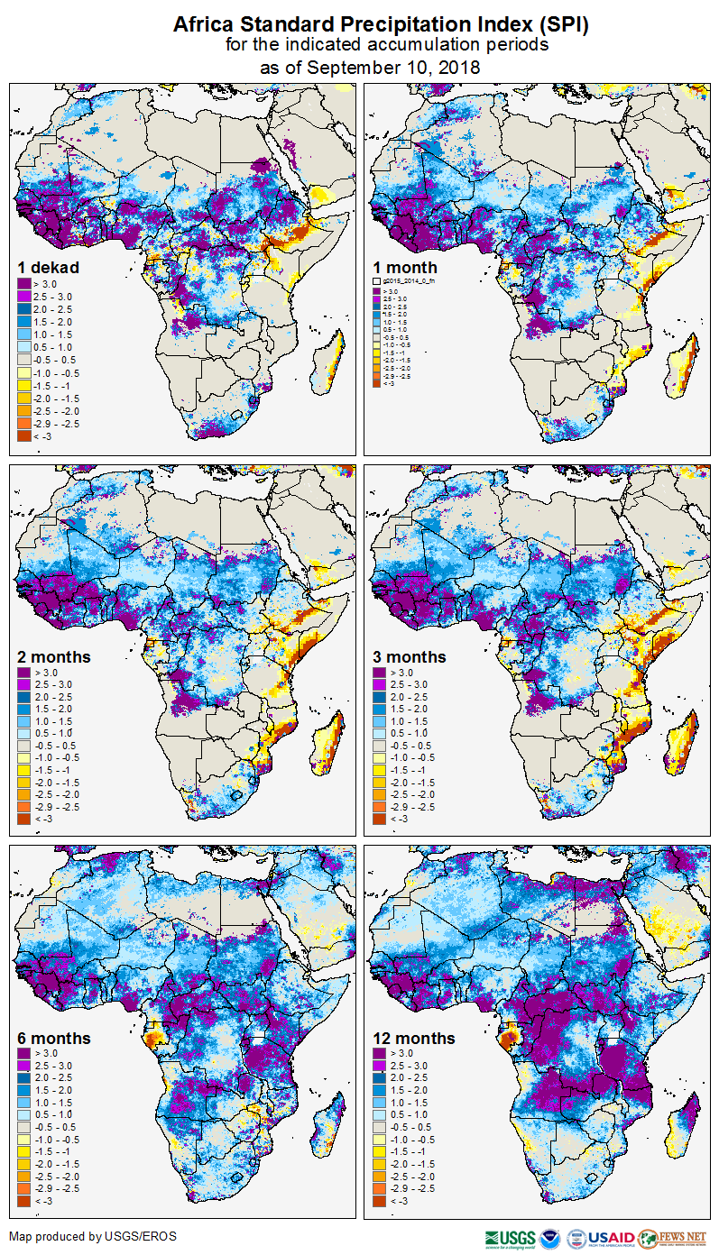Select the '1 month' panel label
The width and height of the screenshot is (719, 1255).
(x=405, y=268)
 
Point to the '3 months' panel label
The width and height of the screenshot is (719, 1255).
(x=410, y=657)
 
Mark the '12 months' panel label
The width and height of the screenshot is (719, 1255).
(x=413, y=1039)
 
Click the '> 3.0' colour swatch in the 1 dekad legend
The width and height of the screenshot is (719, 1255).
(x=24, y=283)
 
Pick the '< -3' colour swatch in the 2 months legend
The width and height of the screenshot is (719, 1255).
(x=24, y=820)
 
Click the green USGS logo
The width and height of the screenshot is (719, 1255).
(x=511, y=1238)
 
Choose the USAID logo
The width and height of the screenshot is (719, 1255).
(x=610, y=1238)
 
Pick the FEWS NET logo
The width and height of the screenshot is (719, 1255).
(x=672, y=1238)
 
